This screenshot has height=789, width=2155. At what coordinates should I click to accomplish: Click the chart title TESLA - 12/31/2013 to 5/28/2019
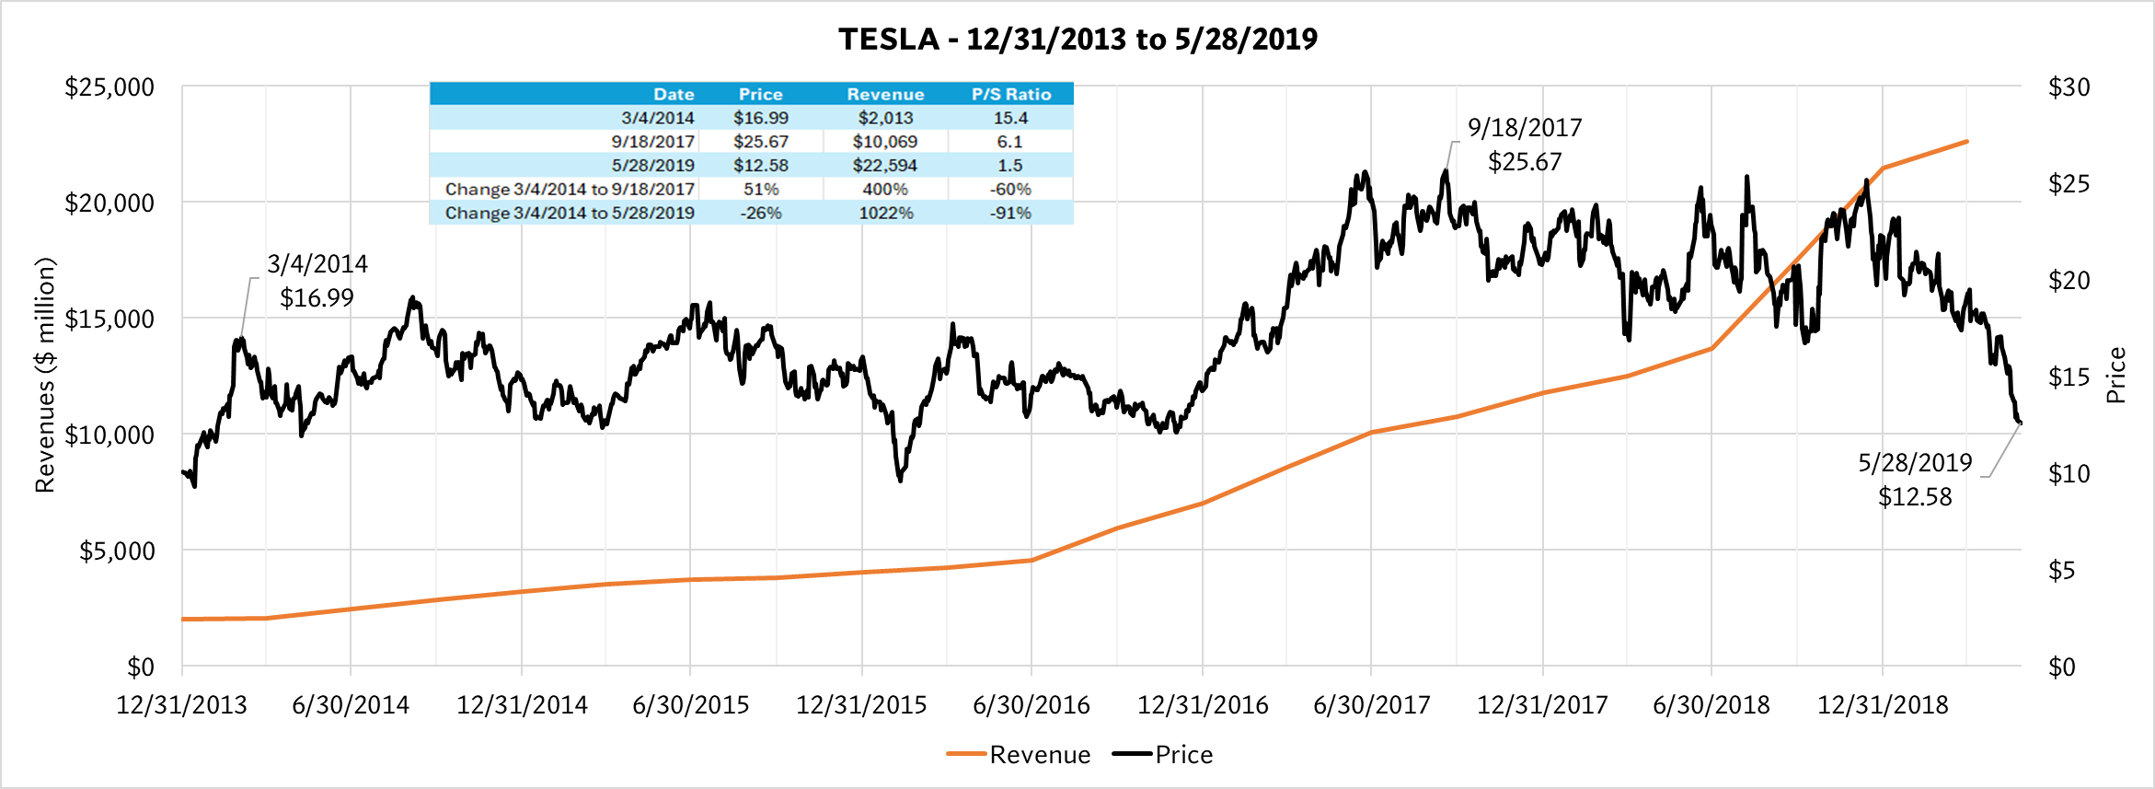tap(1077, 39)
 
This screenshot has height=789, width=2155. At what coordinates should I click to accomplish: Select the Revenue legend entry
tap(1039, 755)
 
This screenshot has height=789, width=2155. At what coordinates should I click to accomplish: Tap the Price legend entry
tap(1183, 755)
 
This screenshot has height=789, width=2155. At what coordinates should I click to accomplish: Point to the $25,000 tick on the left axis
tap(109, 87)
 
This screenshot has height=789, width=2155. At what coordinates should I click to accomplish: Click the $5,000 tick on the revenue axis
tap(117, 551)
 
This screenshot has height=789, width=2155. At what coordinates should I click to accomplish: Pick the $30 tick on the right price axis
tap(2069, 87)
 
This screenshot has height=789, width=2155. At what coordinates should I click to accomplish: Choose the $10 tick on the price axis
tap(2069, 473)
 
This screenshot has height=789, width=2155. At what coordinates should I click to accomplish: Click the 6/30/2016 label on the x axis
tap(1031, 705)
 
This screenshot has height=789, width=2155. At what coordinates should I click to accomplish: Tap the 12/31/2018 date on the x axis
tap(1883, 705)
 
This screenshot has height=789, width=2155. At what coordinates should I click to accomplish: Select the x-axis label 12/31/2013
tap(181, 705)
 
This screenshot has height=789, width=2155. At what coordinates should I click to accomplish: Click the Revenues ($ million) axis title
tap(44, 375)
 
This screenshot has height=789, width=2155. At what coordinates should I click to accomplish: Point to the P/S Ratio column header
tap(1010, 94)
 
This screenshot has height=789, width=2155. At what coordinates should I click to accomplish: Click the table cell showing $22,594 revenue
tap(885, 166)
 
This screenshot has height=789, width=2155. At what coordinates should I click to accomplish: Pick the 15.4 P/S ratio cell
tap(1010, 118)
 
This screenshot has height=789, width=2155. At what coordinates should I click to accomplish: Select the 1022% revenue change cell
tap(885, 214)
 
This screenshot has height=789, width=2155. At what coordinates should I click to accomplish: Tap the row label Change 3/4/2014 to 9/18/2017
tap(569, 190)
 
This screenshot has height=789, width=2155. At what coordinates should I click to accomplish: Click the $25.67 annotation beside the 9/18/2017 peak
tap(1525, 162)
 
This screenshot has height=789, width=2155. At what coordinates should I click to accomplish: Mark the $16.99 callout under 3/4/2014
tap(317, 298)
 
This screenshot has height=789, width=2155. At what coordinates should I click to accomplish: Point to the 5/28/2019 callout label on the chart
tap(1915, 462)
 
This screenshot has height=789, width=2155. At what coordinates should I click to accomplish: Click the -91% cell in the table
tap(1010, 214)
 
